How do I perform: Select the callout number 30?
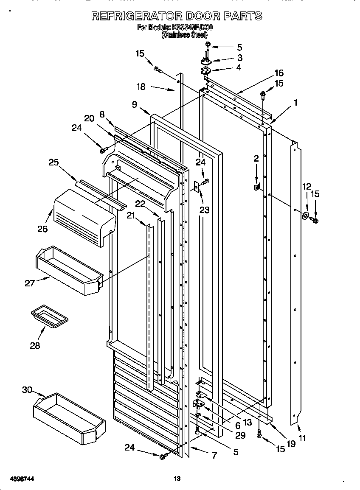coord(27,390)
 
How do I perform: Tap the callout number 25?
coord(53,162)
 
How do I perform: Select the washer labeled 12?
coord(305,215)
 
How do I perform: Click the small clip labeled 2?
coord(256,186)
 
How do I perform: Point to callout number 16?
coord(278,73)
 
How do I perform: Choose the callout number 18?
coord(141,87)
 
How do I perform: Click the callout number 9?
coord(135,104)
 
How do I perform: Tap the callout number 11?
coord(302,438)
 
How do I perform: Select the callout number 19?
coord(290,444)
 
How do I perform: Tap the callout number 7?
coord(214,456)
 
